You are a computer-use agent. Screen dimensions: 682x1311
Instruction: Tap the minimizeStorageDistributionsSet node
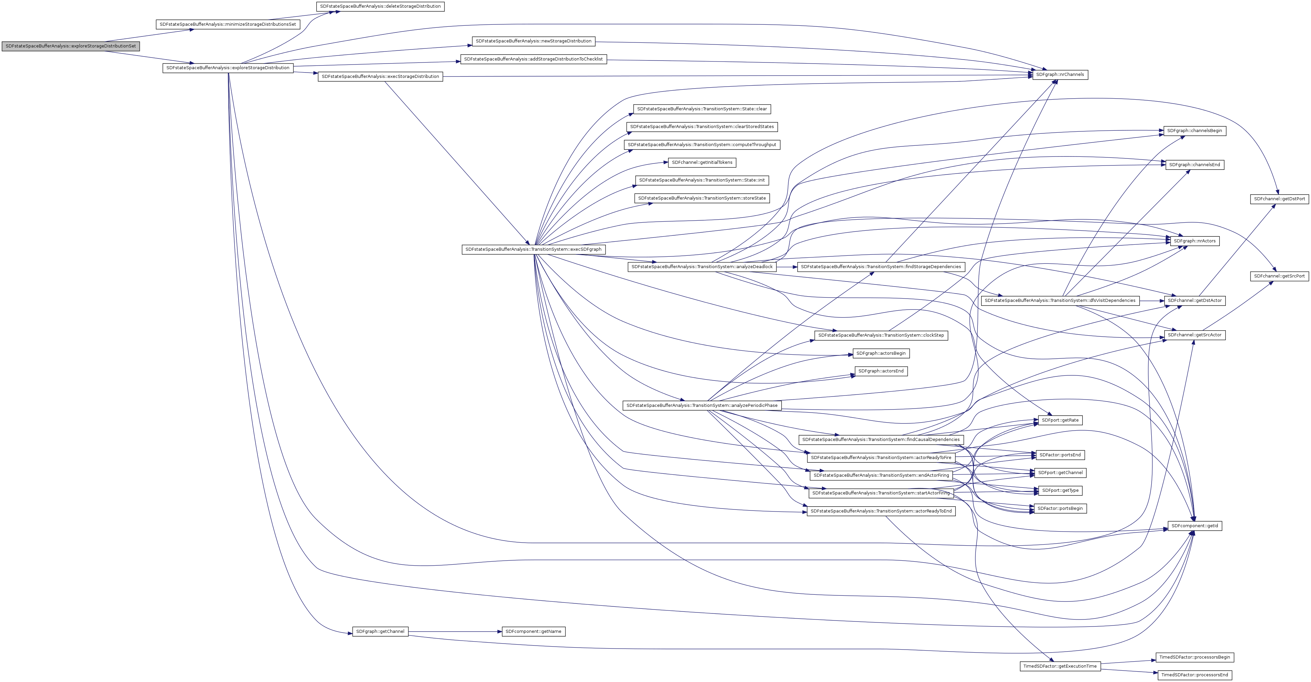[x=228, y=24]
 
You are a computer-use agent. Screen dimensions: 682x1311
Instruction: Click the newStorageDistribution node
[x=533, y=41]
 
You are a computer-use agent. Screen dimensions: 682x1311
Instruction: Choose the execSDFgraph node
[x=533, y=249]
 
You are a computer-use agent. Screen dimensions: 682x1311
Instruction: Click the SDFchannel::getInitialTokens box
[x=702, y=163]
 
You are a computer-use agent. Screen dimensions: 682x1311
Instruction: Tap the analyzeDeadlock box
[x=702, y=267]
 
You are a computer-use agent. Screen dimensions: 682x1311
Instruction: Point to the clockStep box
[x=881, y=335]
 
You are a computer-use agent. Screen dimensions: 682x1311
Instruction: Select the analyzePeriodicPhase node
[x=702, y=406]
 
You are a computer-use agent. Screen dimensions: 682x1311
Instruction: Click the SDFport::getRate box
[x=1060, y=420]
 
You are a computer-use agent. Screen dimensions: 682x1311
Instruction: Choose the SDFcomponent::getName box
[x=533, y=632]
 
